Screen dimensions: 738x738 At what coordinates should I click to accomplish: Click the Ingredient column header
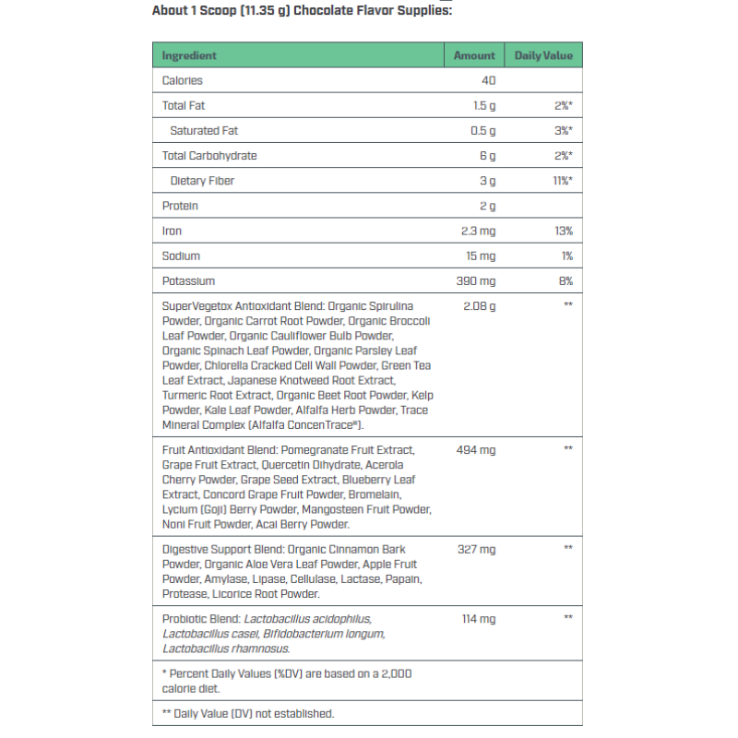coord(189,55)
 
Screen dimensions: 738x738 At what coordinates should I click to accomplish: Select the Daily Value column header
coord(543,55)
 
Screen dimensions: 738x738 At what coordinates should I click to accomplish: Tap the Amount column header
coord(474,55)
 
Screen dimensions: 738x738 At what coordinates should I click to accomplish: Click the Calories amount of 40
coord(488,81)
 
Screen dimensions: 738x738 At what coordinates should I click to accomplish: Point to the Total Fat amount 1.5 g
coord(484,106)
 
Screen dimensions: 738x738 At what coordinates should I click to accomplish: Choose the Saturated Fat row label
coord(204,131)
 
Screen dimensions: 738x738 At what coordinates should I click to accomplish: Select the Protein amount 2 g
coord(487,206)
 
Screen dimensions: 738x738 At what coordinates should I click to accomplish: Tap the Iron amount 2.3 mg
coord(479,231)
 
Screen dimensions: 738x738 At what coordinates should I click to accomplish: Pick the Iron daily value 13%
coord(563,231)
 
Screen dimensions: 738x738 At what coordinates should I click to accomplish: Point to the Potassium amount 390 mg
coord(476,280)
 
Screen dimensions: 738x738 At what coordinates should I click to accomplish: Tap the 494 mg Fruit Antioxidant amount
coord(476,449)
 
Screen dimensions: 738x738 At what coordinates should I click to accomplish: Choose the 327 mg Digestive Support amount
coord(476,549)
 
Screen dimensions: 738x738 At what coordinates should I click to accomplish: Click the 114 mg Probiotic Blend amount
coord(479,618)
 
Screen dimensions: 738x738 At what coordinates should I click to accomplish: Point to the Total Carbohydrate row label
coord(209,156)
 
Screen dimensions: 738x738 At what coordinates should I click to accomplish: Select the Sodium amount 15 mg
coord(480,256)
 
